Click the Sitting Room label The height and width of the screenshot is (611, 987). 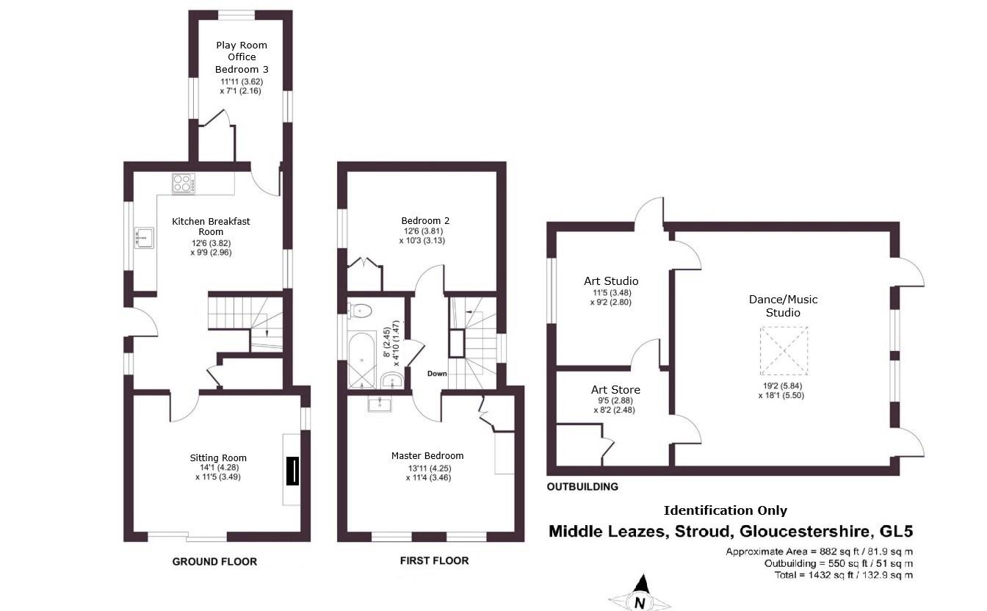pos(218,458)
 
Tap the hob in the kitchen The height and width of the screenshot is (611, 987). pos(184,183)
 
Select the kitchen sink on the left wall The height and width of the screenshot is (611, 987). pos(143,236)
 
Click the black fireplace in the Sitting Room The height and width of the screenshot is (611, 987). pos(292,471)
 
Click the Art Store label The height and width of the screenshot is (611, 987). pos(615,390)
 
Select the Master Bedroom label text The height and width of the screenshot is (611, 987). pos(427,455)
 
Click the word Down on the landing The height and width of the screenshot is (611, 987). pos(437,374)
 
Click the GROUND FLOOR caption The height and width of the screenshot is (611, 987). pos(214,562)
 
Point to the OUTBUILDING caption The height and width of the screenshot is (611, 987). pos(582,487)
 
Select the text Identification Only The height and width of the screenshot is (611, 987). pos(725,510)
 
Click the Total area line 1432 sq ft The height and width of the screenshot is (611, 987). pos(844,575)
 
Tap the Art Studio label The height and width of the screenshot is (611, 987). pos(611,281)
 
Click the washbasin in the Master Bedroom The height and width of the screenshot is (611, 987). pos(380,403)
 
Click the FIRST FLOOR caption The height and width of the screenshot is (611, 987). pos(434,561)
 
